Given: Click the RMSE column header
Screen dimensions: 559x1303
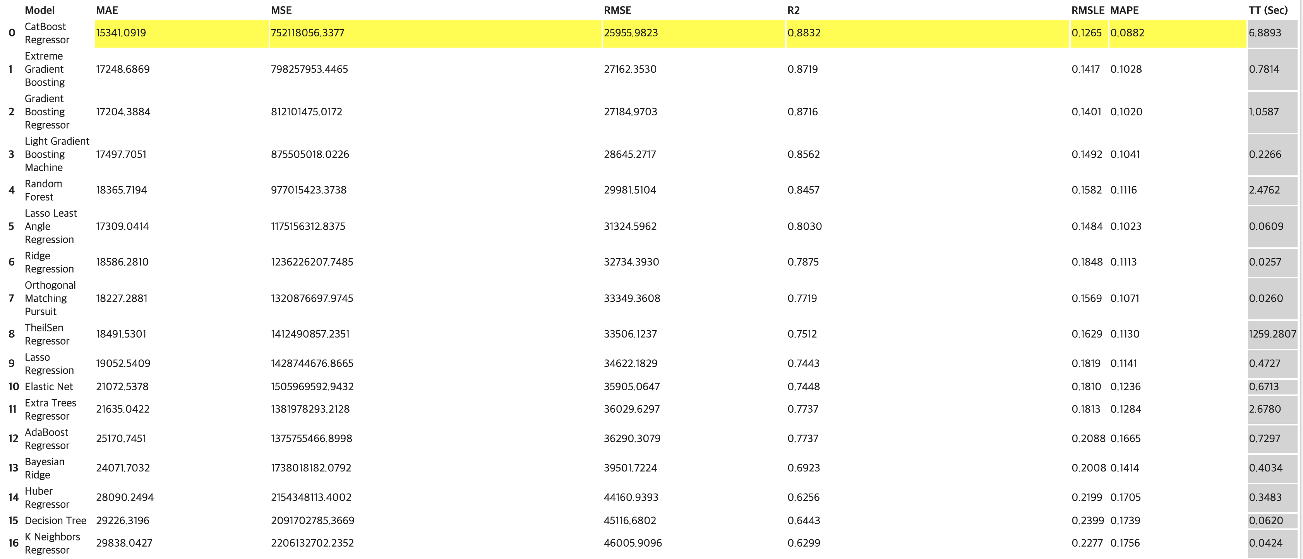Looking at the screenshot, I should coord(617,10).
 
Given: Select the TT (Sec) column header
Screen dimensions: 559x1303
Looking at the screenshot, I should coord(1268,10).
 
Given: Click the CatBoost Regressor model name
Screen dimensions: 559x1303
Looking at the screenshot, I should coord(46,33).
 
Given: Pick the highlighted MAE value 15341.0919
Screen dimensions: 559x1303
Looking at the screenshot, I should coord(121,33).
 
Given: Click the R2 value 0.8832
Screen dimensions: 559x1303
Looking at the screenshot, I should coord(804,33).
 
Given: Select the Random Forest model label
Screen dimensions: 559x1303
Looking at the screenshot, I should coord(43,190).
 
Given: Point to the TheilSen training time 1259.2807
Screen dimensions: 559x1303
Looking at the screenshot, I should coord(1272,334).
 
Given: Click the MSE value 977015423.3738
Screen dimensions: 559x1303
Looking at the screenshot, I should coord(309,190).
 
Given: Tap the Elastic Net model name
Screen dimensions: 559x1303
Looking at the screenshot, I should coord(48,386).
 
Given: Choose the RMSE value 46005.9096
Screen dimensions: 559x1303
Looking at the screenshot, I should coord(632,543).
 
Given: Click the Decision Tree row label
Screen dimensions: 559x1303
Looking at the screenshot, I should coord(55,521).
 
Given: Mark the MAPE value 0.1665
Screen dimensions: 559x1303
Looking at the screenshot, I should coord(1125,439).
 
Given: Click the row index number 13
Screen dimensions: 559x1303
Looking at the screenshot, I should coord(13,468).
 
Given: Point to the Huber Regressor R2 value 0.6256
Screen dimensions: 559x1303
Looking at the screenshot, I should coord(803,497).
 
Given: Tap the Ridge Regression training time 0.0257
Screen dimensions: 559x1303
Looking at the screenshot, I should coord(1265,262).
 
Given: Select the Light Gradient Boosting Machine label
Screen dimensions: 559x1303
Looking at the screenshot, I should coord(57,154).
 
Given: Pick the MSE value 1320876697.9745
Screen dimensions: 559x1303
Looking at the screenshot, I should coord(312,298).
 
